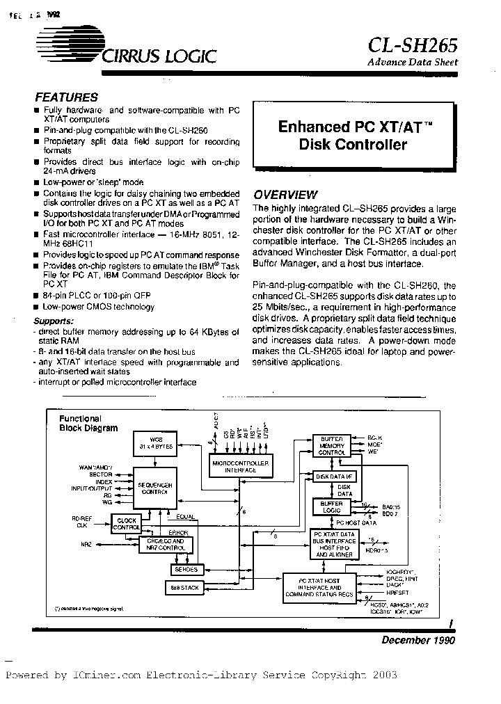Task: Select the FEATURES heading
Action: [x=66, y=97]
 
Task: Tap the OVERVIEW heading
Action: [x=285, y=195]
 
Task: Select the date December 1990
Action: [x=417, y=640]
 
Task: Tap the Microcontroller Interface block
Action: [x=242, y=466]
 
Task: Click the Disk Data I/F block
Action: [x=336, y=477]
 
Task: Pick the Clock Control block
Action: [x=127, y=523]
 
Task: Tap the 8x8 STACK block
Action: [x=184, y=589]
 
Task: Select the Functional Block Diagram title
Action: [x=87, y=424]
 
